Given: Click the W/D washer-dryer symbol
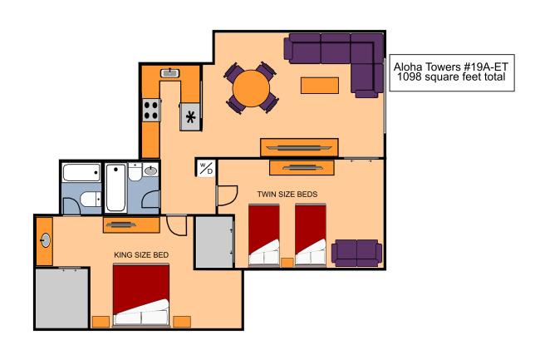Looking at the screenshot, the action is (206, 169).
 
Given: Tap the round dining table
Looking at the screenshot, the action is (251, 88).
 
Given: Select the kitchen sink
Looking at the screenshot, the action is (169, 73).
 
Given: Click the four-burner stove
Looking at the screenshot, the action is (151, 111).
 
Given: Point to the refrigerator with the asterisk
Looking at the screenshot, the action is (190, 116).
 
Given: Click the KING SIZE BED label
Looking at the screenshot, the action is (141, 255).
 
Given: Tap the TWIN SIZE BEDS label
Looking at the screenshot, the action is (287, 195).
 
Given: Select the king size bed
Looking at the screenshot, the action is (141, 295).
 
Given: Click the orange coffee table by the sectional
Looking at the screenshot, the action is (320, 86).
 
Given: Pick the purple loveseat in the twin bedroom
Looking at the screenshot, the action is (356, 253).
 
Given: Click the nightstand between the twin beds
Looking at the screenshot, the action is (287, 263).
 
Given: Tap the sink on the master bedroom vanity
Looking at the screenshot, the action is (46, 240).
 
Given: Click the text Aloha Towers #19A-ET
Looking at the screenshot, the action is (451, 67).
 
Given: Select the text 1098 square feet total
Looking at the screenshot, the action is (451, 76).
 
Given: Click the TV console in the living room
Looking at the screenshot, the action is (299, 147).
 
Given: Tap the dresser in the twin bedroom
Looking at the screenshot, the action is (302, 168).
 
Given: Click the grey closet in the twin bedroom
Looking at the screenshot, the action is (214, 242).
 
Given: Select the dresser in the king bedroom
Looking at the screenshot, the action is (131, 224).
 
